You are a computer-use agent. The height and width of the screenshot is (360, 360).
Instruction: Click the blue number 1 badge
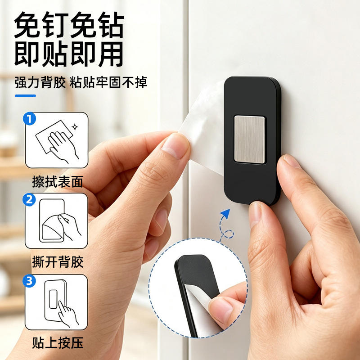point(29,118)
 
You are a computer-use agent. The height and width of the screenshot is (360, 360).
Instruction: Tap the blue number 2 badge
point(29,199)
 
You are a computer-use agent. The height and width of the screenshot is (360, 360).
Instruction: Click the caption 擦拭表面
point(58,182)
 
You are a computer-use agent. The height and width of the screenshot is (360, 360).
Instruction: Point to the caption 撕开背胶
point(58,262)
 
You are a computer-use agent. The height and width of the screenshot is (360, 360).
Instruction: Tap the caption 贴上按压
point(58,343)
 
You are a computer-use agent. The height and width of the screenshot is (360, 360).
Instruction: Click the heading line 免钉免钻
point(69,25)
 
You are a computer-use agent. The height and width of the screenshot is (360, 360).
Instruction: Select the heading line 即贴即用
point(69,54)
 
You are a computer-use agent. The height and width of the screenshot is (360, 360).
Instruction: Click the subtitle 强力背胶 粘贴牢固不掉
point(81,82)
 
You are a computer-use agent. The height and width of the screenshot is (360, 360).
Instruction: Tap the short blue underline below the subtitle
point(26,96)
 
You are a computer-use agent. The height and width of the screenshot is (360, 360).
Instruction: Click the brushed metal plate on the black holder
point(250,139)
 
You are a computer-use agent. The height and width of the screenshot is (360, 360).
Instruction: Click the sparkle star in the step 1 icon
point(75,127)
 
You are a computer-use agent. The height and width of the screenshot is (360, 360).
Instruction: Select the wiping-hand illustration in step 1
point(57,141)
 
